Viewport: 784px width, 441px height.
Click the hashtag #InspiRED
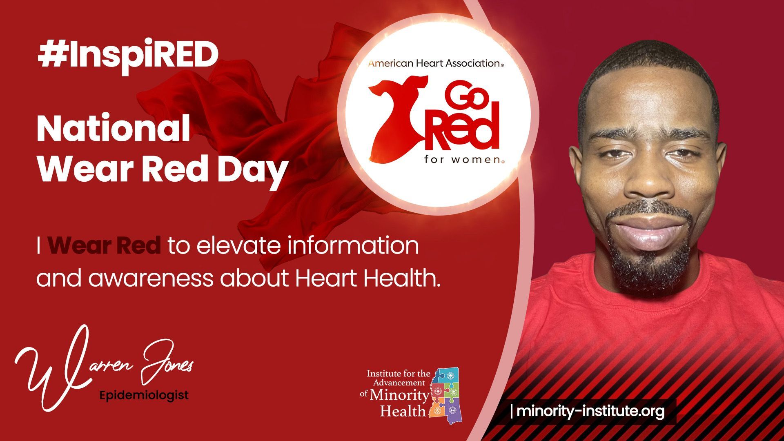click(x=128, y=56)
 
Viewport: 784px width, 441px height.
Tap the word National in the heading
click(x=114, y=128)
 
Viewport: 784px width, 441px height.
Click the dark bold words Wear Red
click(x=104, y=245)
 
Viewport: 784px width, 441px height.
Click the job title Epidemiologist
click(x=144, y=395)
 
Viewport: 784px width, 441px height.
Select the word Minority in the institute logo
click(x=399, y=395)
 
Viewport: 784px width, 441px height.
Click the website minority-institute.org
click(x=590, y=411)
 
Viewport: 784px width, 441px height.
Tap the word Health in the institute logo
click(x=403, y=410)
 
